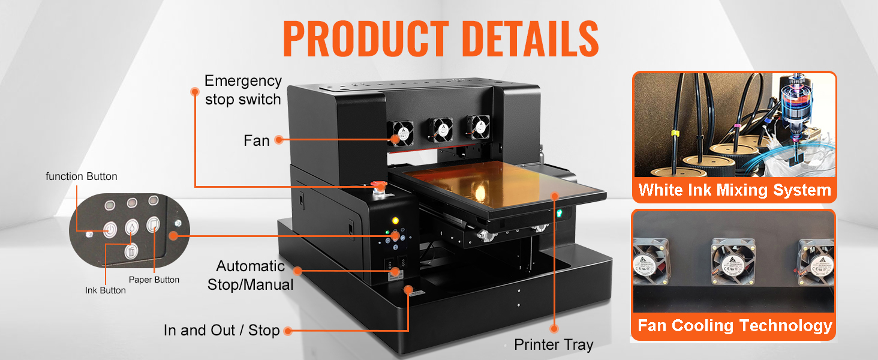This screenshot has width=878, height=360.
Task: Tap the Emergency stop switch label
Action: [x=243, y=90]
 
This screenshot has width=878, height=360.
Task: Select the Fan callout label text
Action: [x=256, y=140]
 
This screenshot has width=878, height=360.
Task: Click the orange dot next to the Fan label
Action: [x=278, y=140]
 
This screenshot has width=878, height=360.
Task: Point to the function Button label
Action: [x=82, y=176]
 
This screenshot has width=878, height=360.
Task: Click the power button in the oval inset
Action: [x=109, y=229]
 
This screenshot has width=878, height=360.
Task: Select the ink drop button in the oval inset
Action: [x=131, y=228]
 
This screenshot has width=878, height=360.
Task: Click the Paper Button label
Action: [x=154, y=280]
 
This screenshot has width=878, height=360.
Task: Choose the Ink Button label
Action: [x=106, y=290]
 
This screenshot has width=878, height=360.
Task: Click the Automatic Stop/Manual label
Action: [x=250, y=275]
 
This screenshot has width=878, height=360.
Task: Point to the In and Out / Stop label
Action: [x=222, y=331]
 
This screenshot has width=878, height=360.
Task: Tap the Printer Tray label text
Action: [x=554, y=345]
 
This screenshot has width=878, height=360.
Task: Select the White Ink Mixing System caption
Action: [x=735, y=190]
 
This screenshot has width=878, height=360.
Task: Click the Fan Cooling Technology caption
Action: [x=735, y=326]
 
